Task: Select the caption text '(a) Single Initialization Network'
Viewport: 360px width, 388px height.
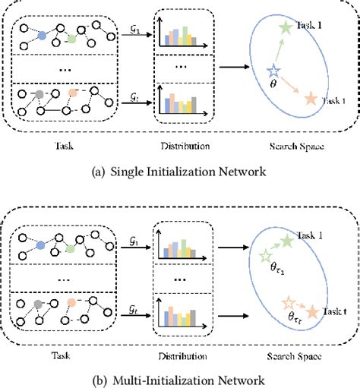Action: coord(180,172)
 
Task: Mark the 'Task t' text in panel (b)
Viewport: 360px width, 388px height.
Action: coord(333,311)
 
